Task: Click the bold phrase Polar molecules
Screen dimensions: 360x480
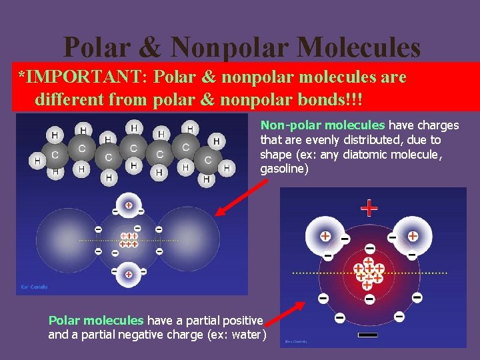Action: (96, 321)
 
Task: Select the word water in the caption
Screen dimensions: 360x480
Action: (246, 334)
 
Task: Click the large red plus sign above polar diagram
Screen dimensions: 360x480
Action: (369, 209)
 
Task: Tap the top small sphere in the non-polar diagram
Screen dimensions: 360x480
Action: (128, 205)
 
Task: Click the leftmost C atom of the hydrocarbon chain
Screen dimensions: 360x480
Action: (55, 155)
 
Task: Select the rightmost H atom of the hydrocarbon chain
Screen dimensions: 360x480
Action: (227, 168)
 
